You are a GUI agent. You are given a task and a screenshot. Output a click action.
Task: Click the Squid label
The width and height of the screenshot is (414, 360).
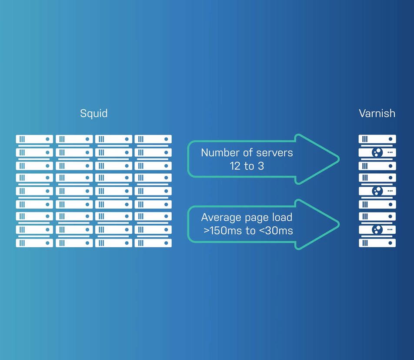94,114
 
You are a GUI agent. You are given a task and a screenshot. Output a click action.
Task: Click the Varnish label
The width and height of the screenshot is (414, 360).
377,113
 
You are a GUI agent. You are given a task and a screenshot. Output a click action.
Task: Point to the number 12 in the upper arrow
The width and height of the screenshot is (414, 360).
235,166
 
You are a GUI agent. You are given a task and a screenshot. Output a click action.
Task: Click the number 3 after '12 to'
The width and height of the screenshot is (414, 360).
261,166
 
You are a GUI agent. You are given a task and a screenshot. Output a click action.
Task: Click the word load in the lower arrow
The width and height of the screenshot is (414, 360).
282,217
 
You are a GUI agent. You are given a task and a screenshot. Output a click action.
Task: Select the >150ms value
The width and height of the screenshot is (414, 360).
223,231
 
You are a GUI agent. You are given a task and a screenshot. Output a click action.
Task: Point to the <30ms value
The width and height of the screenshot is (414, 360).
276,231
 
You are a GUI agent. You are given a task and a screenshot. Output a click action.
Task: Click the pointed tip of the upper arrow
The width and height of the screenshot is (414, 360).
339,159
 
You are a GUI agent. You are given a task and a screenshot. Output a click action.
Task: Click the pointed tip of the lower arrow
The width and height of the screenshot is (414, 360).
339,224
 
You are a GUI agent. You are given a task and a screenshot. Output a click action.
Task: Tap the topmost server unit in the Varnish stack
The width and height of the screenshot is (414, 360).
377,139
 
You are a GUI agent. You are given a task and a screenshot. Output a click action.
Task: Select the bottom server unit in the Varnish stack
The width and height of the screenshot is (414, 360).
377,243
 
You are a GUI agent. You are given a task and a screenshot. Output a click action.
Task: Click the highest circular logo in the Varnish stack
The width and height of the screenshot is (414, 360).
377,152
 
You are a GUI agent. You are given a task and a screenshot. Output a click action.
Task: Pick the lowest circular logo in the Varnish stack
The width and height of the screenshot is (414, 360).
377,229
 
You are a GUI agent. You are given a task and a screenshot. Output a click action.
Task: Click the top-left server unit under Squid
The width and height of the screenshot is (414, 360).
34,139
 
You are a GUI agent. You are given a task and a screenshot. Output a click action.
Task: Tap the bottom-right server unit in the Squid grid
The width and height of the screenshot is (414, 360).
153,243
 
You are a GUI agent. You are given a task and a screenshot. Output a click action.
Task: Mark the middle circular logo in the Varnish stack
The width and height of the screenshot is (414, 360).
377,191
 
